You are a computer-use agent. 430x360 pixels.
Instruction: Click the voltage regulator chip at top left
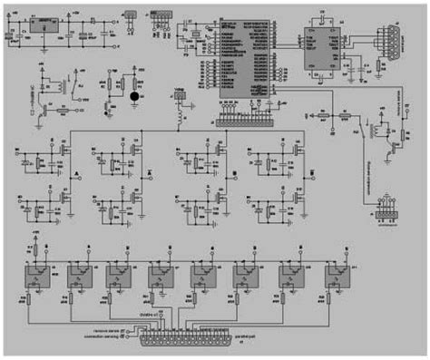pos(41,26)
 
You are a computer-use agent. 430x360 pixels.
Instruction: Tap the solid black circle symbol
pos(135,93)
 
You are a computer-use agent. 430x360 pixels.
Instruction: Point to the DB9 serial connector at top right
pos(392,42)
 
